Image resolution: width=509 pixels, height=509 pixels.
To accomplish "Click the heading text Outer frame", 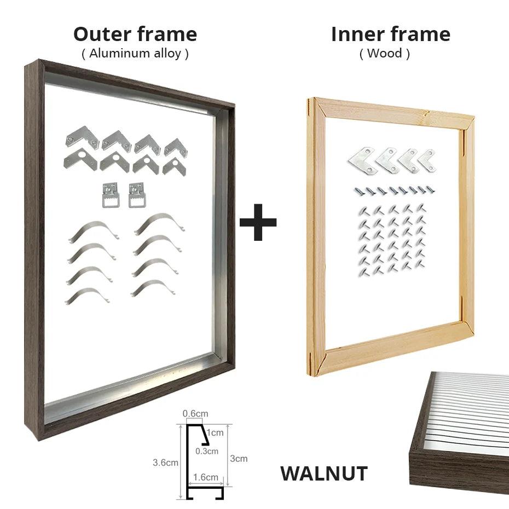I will tap(135, 34).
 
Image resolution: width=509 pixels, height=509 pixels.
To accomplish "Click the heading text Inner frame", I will tap(390, 34).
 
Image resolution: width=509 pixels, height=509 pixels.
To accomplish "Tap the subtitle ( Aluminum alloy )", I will tap(135, 54).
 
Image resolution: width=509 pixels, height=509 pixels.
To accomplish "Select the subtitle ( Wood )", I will tap(384, 54).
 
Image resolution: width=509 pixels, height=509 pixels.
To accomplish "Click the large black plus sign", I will tap(258, 222).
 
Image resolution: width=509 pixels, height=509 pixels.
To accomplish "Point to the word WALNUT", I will tap(323, 474).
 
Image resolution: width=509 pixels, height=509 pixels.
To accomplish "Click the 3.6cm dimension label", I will tap(165, 462).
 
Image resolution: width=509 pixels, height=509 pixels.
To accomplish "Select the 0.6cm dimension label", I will tap(195, 414).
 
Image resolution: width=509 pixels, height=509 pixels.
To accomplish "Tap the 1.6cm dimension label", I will tap(206, 477).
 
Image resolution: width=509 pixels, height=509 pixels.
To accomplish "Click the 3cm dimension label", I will tap(239, 459).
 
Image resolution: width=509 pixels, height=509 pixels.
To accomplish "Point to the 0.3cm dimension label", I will tap(207, 451).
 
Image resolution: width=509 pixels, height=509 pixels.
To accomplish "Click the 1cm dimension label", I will tap(217, 432).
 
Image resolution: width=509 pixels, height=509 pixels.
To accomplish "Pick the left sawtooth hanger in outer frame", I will tap(110, 195).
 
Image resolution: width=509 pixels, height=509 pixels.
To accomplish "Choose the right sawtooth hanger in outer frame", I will tap(136, 195).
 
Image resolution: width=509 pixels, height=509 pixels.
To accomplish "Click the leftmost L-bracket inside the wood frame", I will tap(361, 159).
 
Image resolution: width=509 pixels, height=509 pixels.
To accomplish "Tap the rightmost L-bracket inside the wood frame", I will tap(426, 159).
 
